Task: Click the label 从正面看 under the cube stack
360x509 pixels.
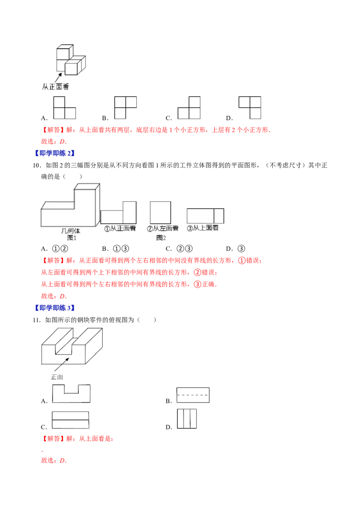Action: tap(55, 86)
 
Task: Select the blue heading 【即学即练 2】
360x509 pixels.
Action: tap(55, 153)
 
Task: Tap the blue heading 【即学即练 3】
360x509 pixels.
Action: tap(55, 308)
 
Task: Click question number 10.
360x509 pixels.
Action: tap(37, 165)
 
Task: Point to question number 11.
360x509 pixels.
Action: tap(37, 320)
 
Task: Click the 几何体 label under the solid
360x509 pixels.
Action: tap(71, 231)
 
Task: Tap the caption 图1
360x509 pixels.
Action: tap(72, 238)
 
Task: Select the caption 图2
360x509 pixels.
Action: tap(161, 238)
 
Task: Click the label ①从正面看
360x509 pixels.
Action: tap(120, 228)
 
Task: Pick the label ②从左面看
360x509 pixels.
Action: tap(162, 228)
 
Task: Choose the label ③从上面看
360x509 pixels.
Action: tap(203, 228)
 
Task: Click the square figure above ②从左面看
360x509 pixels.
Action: tap(161, 212)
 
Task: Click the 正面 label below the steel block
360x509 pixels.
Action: tap(57, 377)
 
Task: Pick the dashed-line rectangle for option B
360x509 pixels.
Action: tap(193, 395)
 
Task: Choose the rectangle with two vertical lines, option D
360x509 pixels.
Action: tap(187, 419)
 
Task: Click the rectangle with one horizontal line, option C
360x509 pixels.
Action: tap(71, 420)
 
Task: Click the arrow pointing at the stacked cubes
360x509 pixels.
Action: tap(58, 78)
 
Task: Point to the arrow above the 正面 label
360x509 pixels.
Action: tap(62, 365)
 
